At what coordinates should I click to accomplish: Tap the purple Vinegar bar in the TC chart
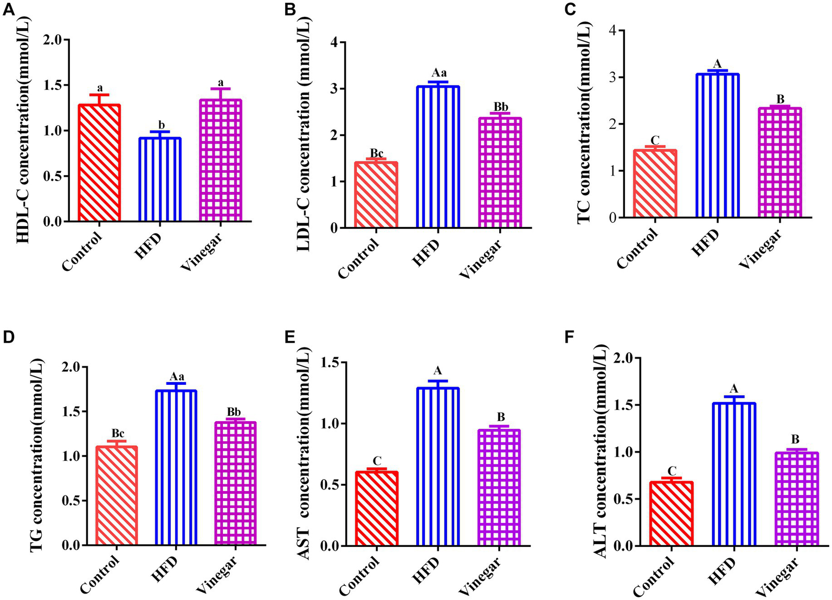[x=779, y=163]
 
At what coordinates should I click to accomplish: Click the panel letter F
[x=568, y=337]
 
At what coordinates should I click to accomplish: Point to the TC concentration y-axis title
[x=584, y=125]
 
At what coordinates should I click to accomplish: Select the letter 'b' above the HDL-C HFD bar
[x=161, y=126]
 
